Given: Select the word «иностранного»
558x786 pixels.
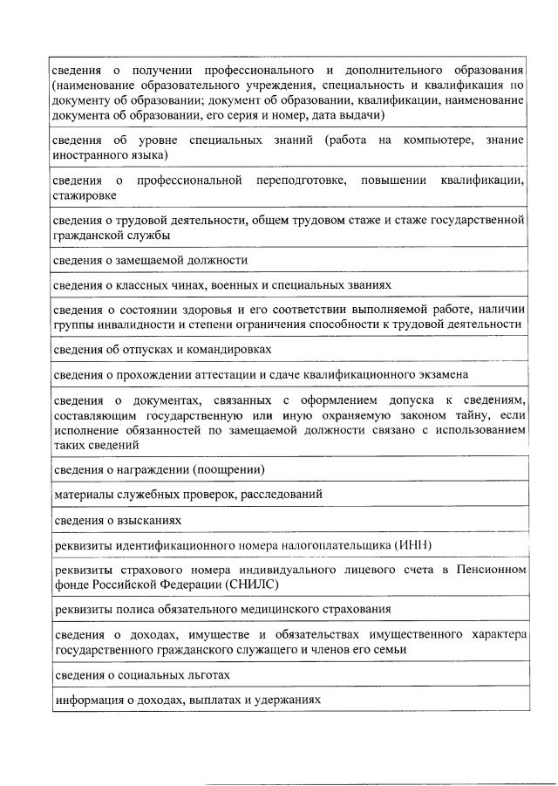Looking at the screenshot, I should pyautogui.click(x=90, y=154).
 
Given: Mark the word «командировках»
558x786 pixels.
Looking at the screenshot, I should pyautogui.click(x=228, y=349).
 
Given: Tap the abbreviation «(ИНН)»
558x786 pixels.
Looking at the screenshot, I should pyautogui.click(x=418, y=545).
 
